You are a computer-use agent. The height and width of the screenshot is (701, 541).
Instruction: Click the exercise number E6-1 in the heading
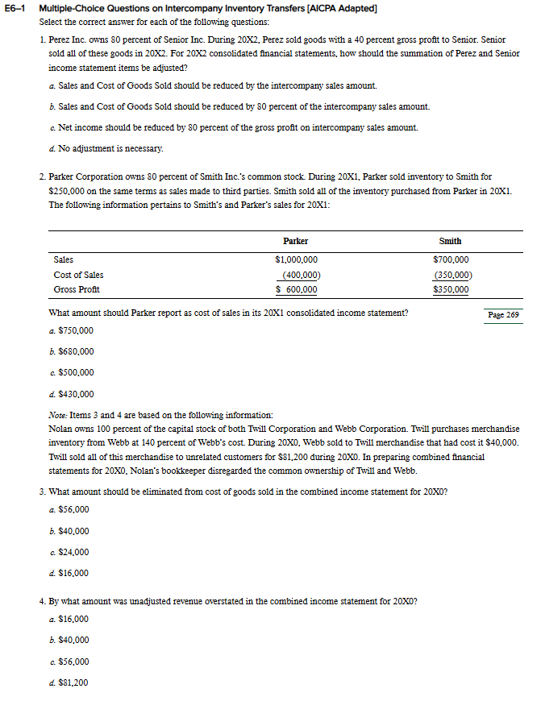(x=16, y=8)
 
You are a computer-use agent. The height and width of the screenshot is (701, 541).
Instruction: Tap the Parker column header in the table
(x=295, y=241)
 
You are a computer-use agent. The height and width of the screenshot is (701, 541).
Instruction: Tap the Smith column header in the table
(x=450, y=241)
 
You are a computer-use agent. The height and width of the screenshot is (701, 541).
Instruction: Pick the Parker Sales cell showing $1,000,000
(x=296, y=259)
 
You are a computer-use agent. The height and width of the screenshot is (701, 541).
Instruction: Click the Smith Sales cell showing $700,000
(x=451, y=259)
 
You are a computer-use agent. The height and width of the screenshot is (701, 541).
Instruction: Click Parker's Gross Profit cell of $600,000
(x=296, y=289)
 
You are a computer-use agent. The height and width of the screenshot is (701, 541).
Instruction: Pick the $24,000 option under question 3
(x=73, y=552)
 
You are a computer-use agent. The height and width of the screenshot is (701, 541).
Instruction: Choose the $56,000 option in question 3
(x=73, y=510)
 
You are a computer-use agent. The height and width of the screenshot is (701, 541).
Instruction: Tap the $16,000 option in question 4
(x=73, y=619)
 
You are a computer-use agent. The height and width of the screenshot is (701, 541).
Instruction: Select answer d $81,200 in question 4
(x=73, y=682)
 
